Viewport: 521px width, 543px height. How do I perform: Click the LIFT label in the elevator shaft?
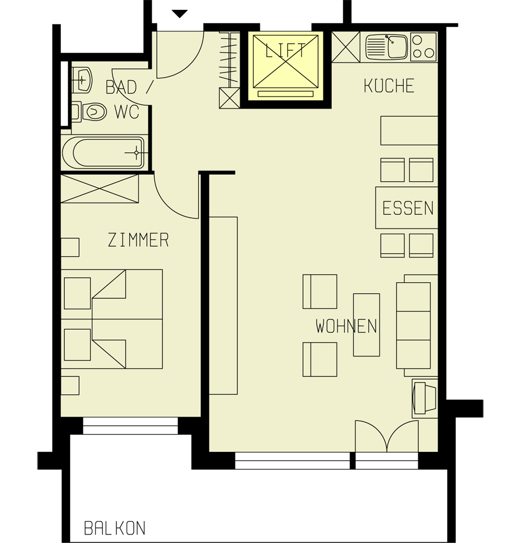285,51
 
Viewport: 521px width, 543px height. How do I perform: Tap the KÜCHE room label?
389,86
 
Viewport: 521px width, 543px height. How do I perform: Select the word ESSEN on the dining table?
407,208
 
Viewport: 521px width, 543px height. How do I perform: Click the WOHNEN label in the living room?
346,327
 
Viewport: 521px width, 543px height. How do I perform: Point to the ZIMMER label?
138,240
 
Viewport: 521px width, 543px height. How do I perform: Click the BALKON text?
115,528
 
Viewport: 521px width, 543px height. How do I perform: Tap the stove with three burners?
423,46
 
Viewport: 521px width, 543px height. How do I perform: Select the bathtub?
103,153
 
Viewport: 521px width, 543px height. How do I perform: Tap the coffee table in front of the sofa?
366,324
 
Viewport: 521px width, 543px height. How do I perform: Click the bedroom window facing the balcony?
130,426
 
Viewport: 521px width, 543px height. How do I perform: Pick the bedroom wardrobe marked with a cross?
100,188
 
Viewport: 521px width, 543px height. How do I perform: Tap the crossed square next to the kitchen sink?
346,47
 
